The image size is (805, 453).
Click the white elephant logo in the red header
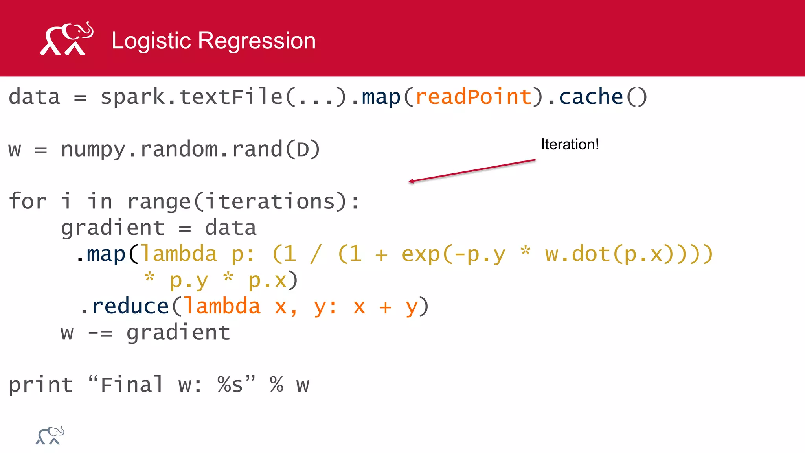tap(67, 39)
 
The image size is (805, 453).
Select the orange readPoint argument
tap(473, 97)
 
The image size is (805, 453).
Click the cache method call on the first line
tap(591, 97)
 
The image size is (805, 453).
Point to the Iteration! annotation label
tap(570, 144)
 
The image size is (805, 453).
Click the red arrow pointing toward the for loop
tap(472, 171)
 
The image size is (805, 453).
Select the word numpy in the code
tap(93, 149)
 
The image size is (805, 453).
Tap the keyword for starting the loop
tap(28, 201)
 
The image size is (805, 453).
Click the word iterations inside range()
tap(270, 201)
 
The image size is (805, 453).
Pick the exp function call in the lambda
tap(421, 254)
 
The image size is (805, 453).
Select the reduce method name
tap(130, 306)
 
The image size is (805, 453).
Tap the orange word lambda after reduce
tap(222, 306)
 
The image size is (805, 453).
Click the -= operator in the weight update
tap(100, 333)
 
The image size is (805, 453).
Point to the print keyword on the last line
tap(41, 385)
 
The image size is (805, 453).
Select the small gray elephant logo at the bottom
tap(50, 436)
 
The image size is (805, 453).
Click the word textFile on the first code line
tap(231, 97)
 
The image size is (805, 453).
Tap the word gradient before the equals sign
tap(113, 228)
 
